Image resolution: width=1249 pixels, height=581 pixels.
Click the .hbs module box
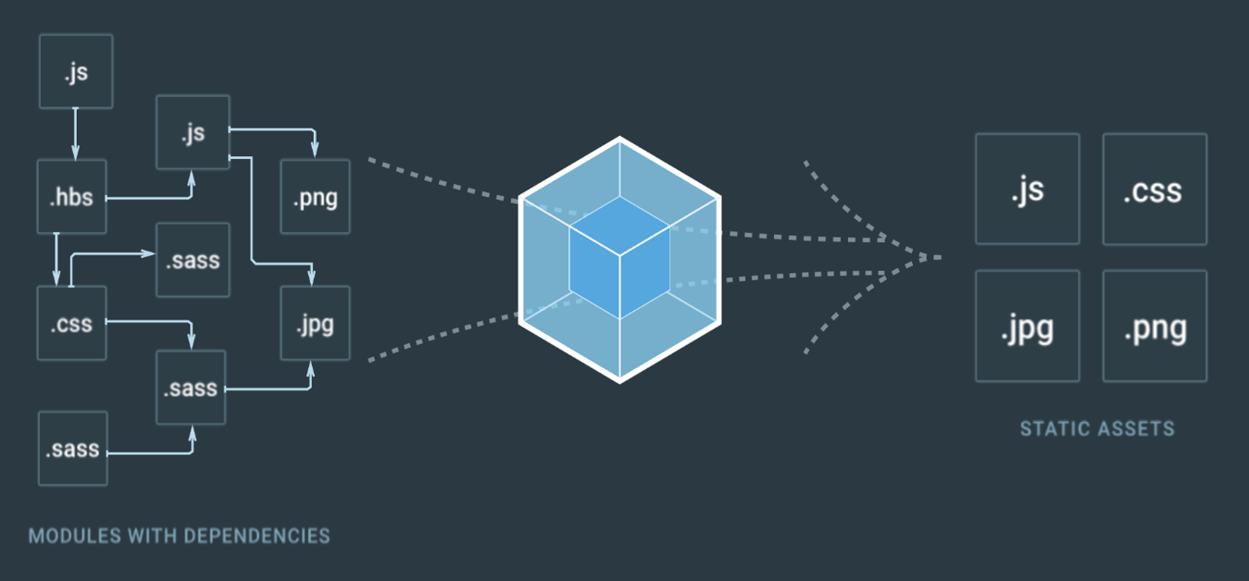72,196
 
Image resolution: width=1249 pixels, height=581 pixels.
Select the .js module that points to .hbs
76,71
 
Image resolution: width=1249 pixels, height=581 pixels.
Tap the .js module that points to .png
193,132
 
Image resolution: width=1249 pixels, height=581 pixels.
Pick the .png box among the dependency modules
315,196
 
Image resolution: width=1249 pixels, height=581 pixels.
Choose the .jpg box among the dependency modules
315,324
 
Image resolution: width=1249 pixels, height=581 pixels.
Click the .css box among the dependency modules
72,323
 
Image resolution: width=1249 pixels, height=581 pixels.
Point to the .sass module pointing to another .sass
73,449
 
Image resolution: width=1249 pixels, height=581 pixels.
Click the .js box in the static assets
1027,189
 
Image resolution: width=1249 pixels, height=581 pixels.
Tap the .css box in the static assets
1154,189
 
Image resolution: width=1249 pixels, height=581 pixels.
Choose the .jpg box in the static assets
1027,326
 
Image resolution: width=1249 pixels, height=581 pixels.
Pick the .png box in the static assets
1154,326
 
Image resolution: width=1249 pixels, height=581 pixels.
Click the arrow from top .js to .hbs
75,134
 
